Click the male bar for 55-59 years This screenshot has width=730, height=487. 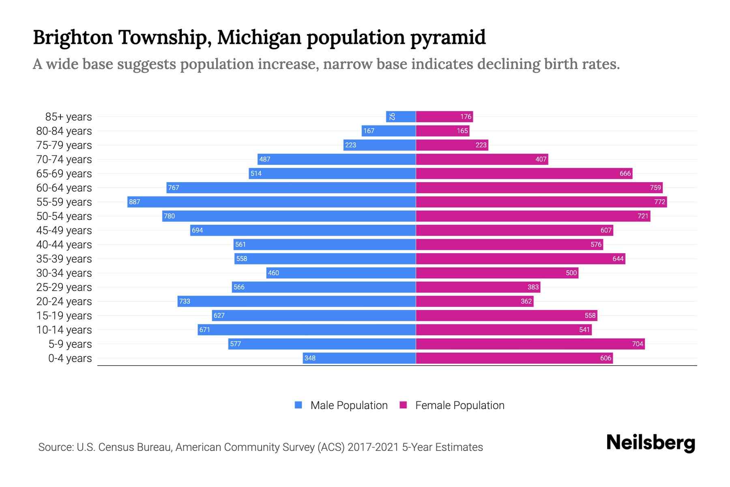click(272, 202)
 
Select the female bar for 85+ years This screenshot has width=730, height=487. click(444, 117)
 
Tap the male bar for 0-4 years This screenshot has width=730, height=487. click(359, 358)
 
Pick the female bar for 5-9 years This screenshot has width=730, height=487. click(530, 344)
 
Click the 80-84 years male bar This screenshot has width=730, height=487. click(389, 131)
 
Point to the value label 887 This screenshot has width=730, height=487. click(135, 202)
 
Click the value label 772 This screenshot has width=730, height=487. click(659, 202)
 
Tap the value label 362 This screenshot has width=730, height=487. click(526, 301)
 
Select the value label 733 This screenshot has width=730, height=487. click(185, 301)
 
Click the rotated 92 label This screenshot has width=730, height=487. click(392, 117)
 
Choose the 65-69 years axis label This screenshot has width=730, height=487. click(64, 174)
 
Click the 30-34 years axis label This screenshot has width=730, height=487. click(64, 273)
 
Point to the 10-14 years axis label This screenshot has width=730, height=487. click(64, 330)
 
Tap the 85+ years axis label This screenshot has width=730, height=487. click(69, 117)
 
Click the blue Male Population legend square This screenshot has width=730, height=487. click(298, 405)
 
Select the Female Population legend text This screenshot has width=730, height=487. click(459, 405)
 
